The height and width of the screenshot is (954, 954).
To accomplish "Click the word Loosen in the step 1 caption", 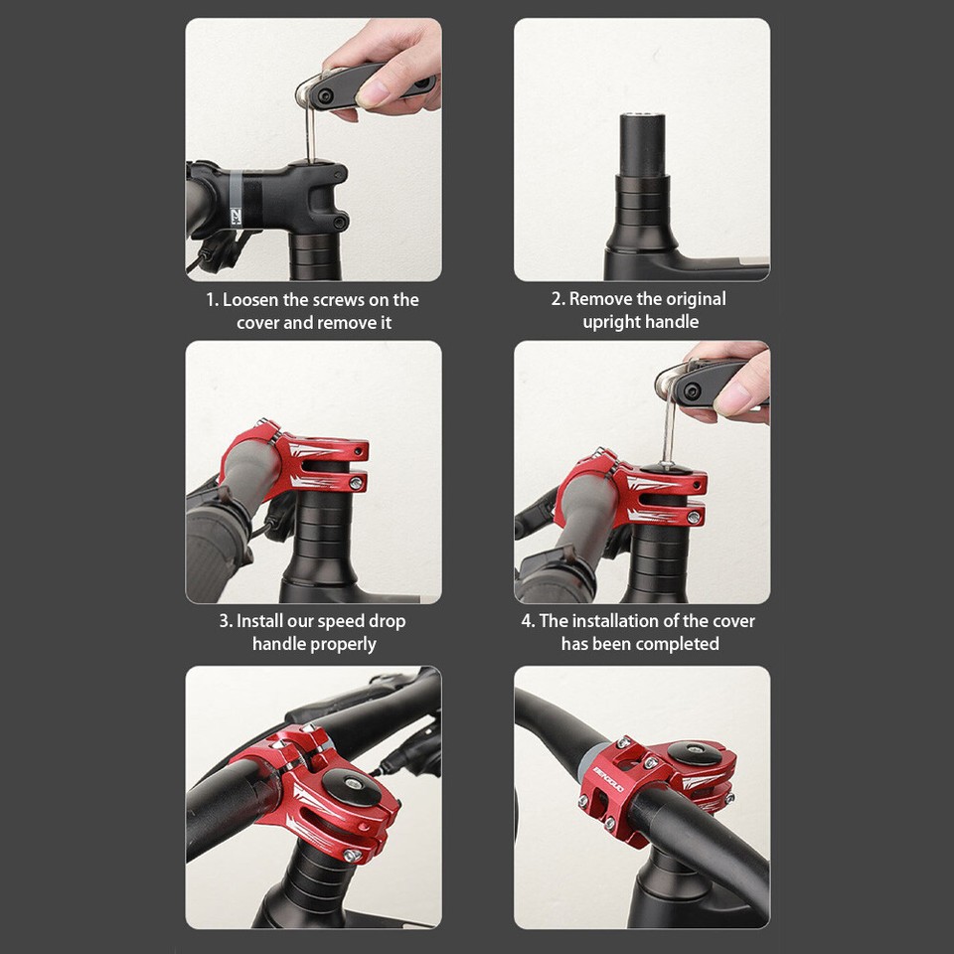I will (250, 299).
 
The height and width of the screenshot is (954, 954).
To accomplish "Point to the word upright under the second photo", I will (610, 322).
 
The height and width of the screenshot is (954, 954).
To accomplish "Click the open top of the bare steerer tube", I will (642, 118).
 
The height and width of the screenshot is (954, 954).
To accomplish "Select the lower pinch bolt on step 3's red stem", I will (354, 484).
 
